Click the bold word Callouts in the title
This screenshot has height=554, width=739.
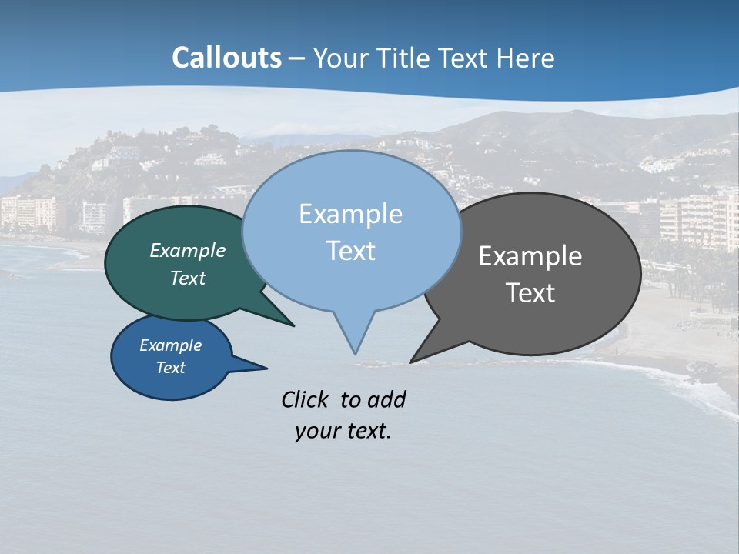[x=226, y=58]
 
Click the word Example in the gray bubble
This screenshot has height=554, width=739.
[x=530, y=256]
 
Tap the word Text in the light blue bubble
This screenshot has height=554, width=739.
[x=350, y=251]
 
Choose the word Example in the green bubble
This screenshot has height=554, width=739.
[x=188, y=251]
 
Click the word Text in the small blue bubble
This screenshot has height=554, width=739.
[x=171, y=368]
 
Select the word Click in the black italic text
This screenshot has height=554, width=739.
[x=306, y=399]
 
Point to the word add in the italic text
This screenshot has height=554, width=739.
[x=386, y=399]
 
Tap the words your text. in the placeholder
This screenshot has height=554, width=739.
[x=343, y=431]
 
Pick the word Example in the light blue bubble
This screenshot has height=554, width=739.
[x=350, y=214]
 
